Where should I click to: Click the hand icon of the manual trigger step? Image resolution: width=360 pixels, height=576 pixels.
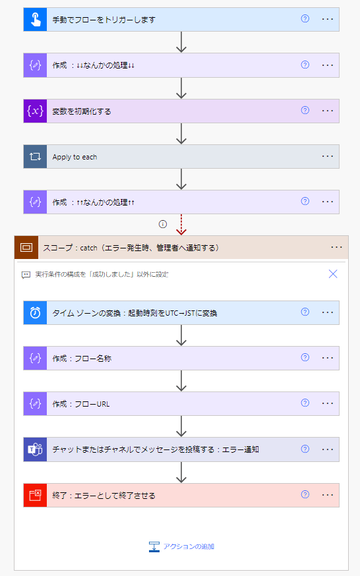click(x=35, y=20)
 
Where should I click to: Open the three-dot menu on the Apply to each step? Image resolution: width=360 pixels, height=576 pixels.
click(x=327, y=156)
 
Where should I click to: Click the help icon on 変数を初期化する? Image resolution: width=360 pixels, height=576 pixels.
click(x=305, y=110)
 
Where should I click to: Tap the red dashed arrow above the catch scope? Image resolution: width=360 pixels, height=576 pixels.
click(x=181, y=225)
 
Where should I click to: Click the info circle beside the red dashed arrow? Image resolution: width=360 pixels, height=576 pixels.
click(x=163, y=224)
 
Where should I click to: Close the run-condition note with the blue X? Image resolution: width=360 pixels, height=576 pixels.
click(x=333, y=274)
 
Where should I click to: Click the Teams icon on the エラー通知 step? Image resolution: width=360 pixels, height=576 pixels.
click(x=35, y=449)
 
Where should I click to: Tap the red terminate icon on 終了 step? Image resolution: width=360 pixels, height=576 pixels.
click(x=35, y=495)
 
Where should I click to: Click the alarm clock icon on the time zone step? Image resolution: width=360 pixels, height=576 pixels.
click(x=35, y=312)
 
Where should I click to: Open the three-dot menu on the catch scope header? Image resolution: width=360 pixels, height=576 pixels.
click(x=336, y=248)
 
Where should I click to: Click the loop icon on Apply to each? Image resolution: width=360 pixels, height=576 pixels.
click(x=35, y=157)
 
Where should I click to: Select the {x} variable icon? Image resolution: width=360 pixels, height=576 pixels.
click(x=35, y=111)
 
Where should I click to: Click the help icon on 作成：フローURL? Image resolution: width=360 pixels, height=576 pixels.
click(x=305, y=403)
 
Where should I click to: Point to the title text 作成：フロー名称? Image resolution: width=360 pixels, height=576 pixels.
click(x=82, y=359)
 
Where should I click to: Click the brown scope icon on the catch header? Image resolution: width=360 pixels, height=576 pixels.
click(x=26, y=248)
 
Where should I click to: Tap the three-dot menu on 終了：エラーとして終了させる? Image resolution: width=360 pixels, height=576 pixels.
click(x=327, y=495)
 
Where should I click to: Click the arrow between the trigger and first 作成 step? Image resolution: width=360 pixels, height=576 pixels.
click(x=181, y=42)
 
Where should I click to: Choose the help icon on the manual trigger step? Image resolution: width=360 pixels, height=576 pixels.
click(x=305, y=18)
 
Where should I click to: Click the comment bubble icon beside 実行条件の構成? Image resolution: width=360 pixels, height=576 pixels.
click(x=26, y=275)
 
